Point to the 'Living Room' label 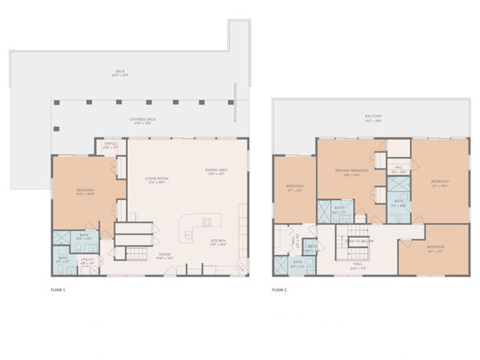[156, 180]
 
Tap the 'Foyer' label [164, 256]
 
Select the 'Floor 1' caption [57, 288]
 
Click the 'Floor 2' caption [279, 288]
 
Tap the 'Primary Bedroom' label [352, 171]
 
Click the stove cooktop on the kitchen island [207, 221]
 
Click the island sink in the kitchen [188, 234]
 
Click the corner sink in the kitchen [240, 268]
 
